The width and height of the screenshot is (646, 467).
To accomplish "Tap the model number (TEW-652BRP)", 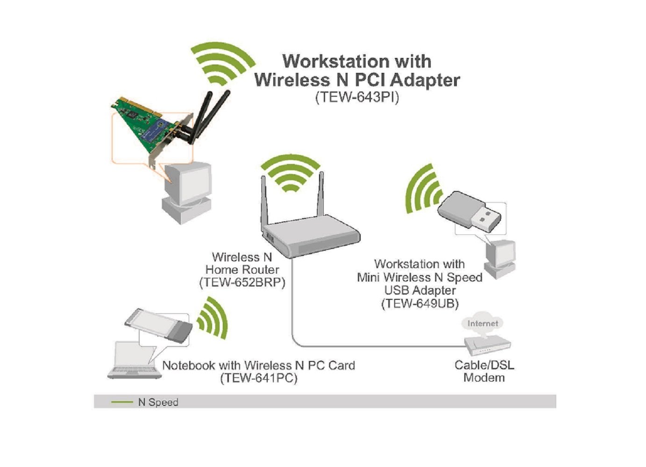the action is click(x=242, y=283).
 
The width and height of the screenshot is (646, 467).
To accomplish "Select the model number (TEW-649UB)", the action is click(x=420, y=304).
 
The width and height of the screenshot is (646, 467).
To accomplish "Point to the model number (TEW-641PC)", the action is click(x=258, y=378).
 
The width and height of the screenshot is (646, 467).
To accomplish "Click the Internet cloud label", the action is click(x=483, y=323).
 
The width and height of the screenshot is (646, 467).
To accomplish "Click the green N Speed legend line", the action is click(x=122, y=402).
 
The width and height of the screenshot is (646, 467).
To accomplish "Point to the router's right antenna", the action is click(x=321, y=194).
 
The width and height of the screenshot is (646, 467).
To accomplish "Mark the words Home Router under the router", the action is click(x=242, y=269).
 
